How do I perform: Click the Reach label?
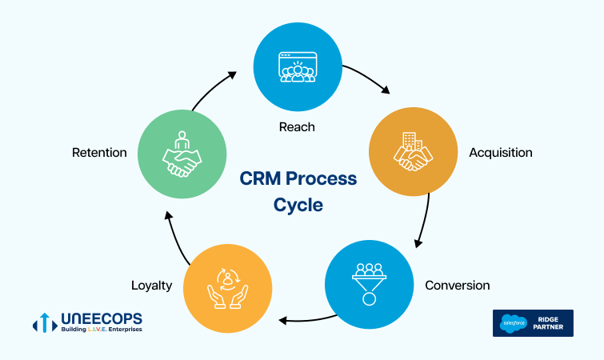(297, 127)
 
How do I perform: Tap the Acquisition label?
(501, 153)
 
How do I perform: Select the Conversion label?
(458, 286)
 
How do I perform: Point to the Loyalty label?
(152, 286)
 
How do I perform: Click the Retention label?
(99, 153)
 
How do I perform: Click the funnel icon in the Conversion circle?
(369, 284)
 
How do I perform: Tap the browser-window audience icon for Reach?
(298, 67)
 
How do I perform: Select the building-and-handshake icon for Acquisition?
(413, 151)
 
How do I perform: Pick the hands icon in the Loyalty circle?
(228, 289)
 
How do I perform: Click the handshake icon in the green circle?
(182, 154)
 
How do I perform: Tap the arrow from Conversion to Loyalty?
(307, 320)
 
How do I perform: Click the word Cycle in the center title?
(298, 205)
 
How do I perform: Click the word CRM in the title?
(260, 178)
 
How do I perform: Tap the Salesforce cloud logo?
(514, 323)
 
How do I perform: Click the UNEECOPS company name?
(102, 319)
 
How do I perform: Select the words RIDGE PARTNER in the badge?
(548, 323)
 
